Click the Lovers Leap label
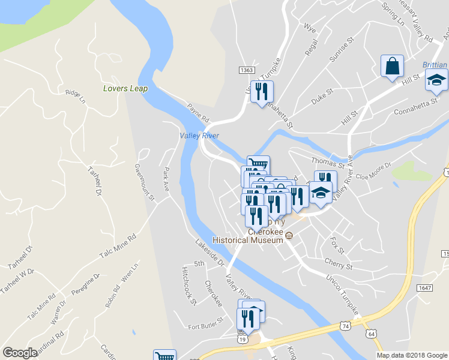(x=125, y=88)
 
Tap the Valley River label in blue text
(x=200, y=136)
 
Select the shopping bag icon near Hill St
(x=392, y=66)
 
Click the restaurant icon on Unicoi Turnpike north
(x=261, y=92)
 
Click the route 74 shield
(x=345, y=325)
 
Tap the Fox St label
(x=337, y=245)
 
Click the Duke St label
(x=322, y=97)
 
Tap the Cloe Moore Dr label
(x=373, y=170)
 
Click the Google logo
(x=20, y=353)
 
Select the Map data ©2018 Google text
(x=412, y=355)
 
